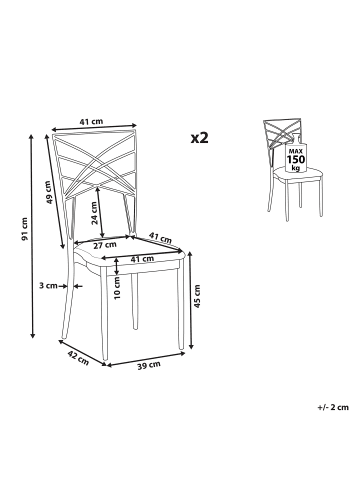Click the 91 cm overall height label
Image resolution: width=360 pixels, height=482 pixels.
click(24, 229)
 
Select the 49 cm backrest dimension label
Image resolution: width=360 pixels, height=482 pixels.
click(49, 192)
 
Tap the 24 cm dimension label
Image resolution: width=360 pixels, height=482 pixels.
click(95, 213)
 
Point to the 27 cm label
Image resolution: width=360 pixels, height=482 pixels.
click(104, 245)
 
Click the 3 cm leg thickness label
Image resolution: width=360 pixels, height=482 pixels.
click(48, 286)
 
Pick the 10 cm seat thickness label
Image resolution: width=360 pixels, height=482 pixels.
click(117, 288)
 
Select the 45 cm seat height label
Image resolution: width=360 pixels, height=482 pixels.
click(197, 296)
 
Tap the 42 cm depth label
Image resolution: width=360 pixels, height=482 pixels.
click(79, 357)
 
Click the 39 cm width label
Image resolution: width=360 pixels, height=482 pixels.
click(149, 365)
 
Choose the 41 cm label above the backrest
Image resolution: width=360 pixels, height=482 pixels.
click(91, 121)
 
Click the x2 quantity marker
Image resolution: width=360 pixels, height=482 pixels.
click(199, 137)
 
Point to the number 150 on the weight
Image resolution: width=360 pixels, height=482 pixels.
click(296, 159)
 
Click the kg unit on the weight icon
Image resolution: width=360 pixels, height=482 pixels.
click(296, 167)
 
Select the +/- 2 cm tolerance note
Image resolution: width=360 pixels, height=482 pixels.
click(333, 407)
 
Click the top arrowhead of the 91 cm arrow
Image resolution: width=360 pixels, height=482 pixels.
click(32, 136)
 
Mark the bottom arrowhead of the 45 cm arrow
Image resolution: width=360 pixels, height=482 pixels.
click(191, 347)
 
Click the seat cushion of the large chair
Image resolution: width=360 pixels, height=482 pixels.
click(129, 253)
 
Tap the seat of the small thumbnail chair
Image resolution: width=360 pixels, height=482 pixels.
click(298, 173)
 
